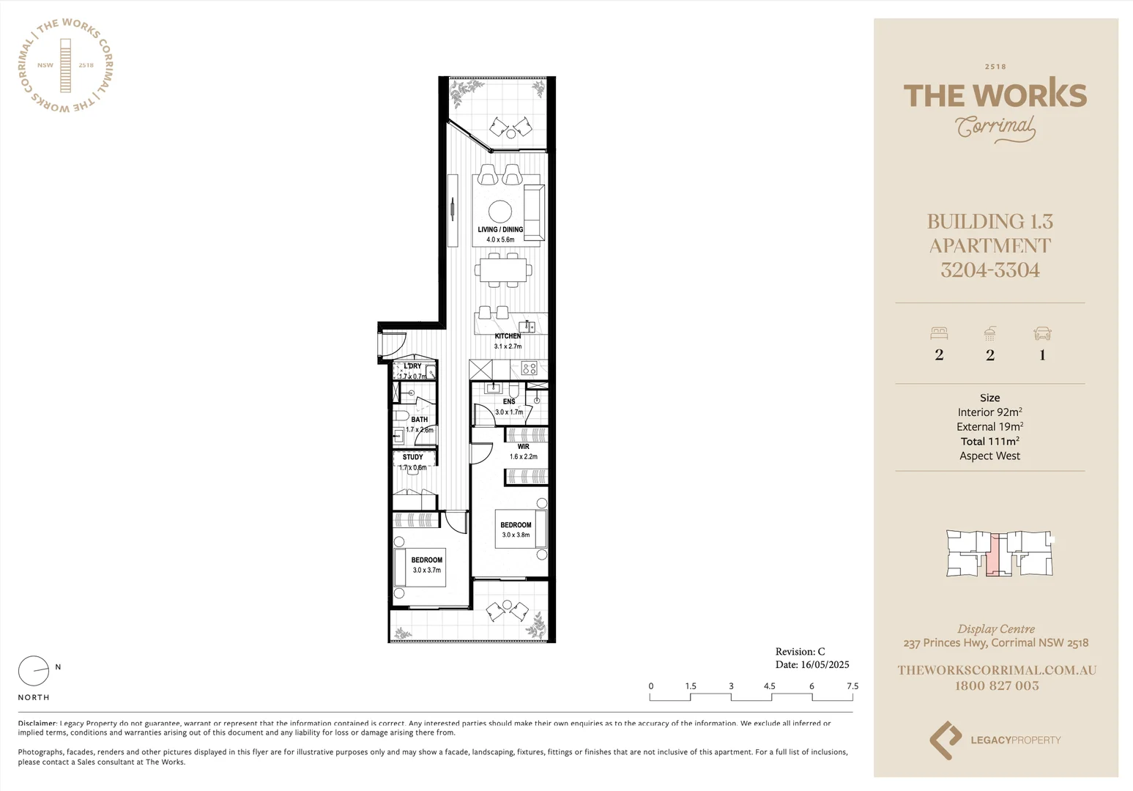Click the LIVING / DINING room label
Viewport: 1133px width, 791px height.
click(500, 229)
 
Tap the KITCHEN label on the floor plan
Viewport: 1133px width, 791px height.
click(508, 336)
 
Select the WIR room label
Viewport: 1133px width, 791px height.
click(523, 447)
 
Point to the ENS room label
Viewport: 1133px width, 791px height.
click(509, 401)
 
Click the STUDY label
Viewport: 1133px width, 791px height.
click(413, 457)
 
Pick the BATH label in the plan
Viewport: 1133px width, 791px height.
click(419, 420)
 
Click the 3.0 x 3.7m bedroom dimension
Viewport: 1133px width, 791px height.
click(427, 570)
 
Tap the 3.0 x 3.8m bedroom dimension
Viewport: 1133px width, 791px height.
click(516, 535)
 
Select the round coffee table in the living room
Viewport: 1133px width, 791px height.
click(500, 211)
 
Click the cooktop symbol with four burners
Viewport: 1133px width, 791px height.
click(529, 368)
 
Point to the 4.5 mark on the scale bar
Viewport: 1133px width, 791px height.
click(769, 686)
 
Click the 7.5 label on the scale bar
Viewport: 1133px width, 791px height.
click(852, 686)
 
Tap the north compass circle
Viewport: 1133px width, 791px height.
click(33, 669)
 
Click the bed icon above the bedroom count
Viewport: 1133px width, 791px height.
click(939, 333)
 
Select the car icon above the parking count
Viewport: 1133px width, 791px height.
click(1042, 334)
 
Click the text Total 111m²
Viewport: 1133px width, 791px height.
click(989, 441)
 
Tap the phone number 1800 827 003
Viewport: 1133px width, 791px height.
click(996, 686)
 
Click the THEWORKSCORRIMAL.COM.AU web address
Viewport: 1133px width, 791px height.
click(996, 669)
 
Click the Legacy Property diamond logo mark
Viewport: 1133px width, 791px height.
click(945, 740)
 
